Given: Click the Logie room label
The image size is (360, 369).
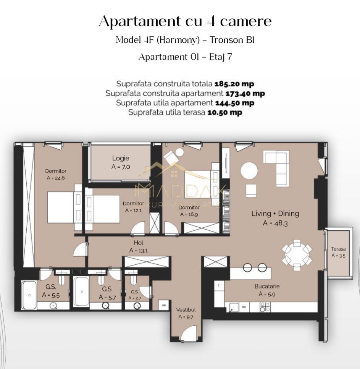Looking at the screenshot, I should coord(121,158).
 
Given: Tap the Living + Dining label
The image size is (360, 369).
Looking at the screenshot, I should coord(275,214).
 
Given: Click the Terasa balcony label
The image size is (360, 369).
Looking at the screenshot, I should coord(338,249).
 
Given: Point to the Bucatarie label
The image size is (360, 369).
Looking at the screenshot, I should coord(267,286).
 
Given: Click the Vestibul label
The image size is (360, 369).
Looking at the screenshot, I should coord(186,310).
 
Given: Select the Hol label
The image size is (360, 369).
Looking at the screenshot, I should coord(139,243).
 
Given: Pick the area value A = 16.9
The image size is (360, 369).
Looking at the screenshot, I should coord(189,214).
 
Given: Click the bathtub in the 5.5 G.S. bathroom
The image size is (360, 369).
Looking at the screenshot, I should coord(29,295).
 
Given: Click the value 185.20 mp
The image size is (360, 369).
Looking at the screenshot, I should coord(234,84).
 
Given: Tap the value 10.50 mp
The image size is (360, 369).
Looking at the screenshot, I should coord(224,112).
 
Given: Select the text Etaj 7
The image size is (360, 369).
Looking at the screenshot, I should coord(221,57).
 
